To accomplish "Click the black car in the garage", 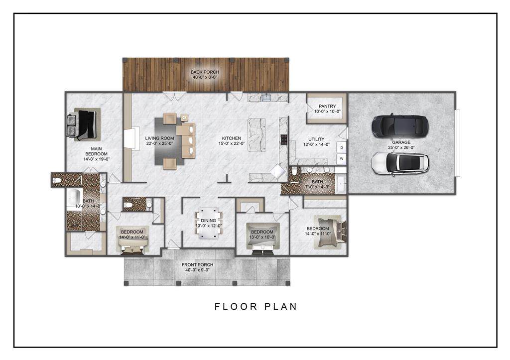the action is point(400,126).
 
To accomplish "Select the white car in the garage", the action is point(400,164).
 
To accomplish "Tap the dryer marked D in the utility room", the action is point(342,148).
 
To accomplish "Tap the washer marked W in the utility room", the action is point(342,159).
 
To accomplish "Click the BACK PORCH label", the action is point(205,72).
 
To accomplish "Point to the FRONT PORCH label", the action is point(197,265).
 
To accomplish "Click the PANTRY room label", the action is point(327,106).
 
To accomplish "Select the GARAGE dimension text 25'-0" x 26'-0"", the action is point(401,147).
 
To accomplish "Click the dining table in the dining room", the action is point(209,223).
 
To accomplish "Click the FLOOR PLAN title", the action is point(256,307).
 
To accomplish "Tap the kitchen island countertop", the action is point(256,134).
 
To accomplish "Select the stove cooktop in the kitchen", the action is point(284,139).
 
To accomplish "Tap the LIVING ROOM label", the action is point(159,138).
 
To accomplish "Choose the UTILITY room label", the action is point(316,139).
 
